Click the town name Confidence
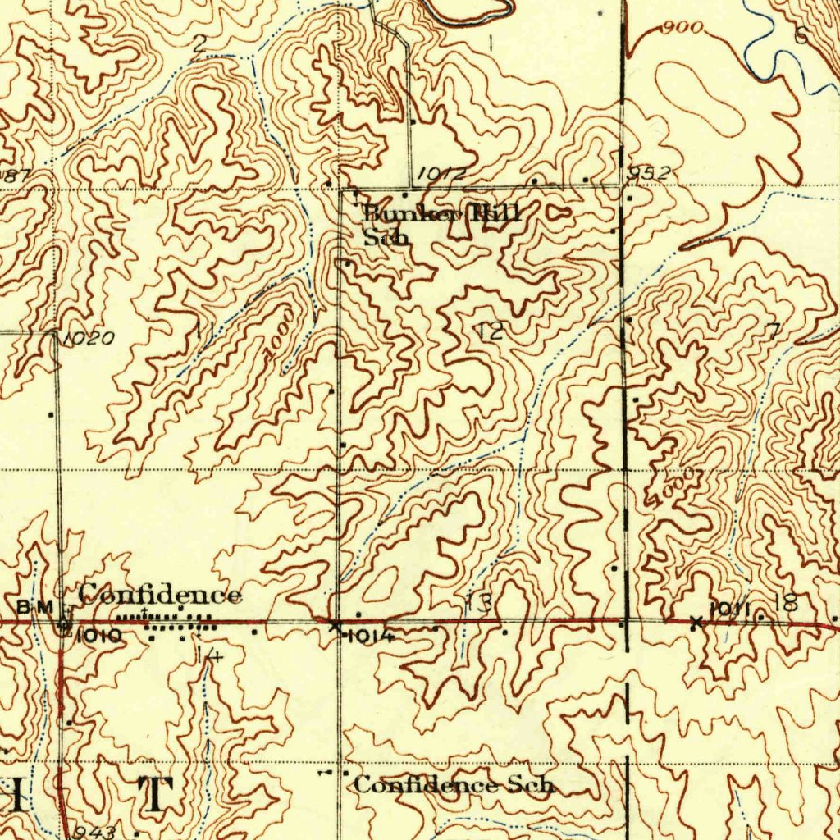coord(160,595)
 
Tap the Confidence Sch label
coord(454,785)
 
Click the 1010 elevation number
coord(100,635)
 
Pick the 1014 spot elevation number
coord(372,636)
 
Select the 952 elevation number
coord(649,173)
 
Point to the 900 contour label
coord(682,28)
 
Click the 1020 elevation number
coord(88,339)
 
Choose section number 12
coord(491,331)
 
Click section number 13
coord(479,605)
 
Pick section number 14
coord(208,654)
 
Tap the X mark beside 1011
coord(696,623)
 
